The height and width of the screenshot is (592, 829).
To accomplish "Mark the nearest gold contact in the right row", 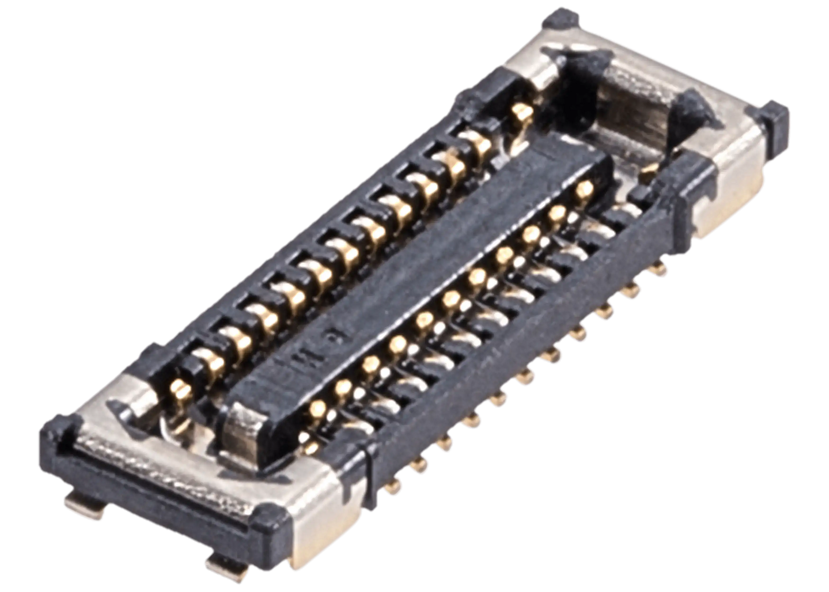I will pos(315,409).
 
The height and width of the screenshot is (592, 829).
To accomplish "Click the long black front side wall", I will pos(507,368).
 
